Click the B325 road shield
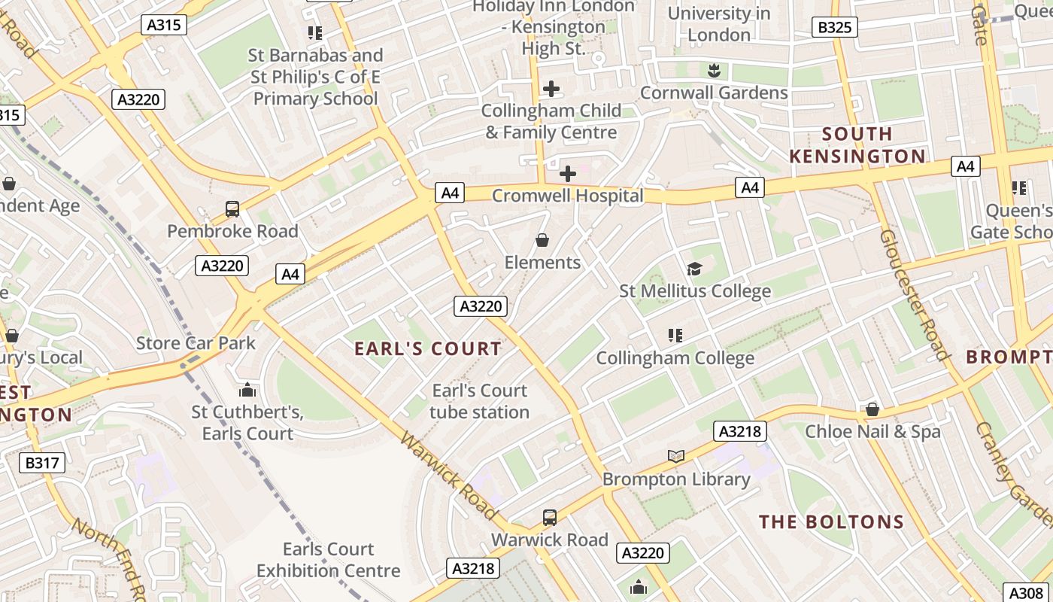tap(835, 28)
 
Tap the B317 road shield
tap(42, 462)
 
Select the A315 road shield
tap(163, 25)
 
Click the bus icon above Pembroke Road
tap(232, 209)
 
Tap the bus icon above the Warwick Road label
tap(550, 518)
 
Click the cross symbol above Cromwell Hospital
tap(568, 174)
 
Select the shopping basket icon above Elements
tap(542, 240)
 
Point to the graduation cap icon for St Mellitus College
tap(694, 269)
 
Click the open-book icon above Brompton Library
tap(676, 456)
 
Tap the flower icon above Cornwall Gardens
tap(713, 71)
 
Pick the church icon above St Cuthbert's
tap(247, 390)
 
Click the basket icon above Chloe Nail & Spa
tap(872, 409)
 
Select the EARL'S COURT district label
tap(427, 348)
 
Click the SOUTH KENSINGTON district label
tap(857, 145)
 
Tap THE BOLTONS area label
tap(831, 521)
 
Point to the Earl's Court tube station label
tap(479, 401)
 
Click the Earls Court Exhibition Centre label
tap(328, 560)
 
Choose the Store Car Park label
tap(196, 343)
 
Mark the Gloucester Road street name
tap(914, 293)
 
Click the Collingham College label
tap(675, 358)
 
